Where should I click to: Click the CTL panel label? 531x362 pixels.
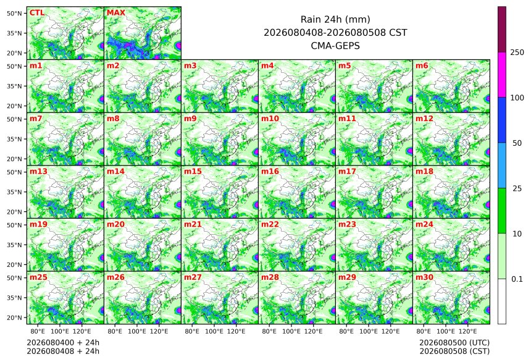click(x=37, y=13)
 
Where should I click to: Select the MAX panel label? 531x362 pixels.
click(x=116, y=13)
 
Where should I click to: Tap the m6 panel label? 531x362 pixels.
click(x=422, y=65)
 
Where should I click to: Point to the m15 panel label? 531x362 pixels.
click(x=193, y=172)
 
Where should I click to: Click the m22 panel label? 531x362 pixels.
click(x=270, y=224)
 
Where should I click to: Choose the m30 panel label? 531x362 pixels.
click(x=424, y=277)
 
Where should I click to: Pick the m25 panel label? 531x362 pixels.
click(x=38, y=277)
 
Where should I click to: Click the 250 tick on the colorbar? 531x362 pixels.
click(x=517, y=53)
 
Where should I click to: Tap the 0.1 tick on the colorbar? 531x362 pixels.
click(x=517, y=279)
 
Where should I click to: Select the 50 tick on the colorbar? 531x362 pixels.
click(x=517, y=143)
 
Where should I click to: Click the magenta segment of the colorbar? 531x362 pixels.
click(x=502, y=75)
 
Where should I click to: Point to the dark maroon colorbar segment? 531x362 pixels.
click(x=502, y=30)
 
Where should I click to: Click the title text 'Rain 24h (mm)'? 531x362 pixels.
click(x=335, y=19)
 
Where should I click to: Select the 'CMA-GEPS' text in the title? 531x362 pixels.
click(x=335, y=46)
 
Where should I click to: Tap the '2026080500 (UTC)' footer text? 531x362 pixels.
click(x=454, y=343)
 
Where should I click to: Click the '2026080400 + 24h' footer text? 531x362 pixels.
click(x=63, y=343)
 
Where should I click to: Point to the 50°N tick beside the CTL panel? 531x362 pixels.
click(x=14, y=13)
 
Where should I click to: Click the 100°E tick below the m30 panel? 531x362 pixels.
click(x=446, y=332)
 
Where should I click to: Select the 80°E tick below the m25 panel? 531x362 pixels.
click(x=38, y=332)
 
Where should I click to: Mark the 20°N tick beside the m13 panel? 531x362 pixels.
click(x=14, y=212)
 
